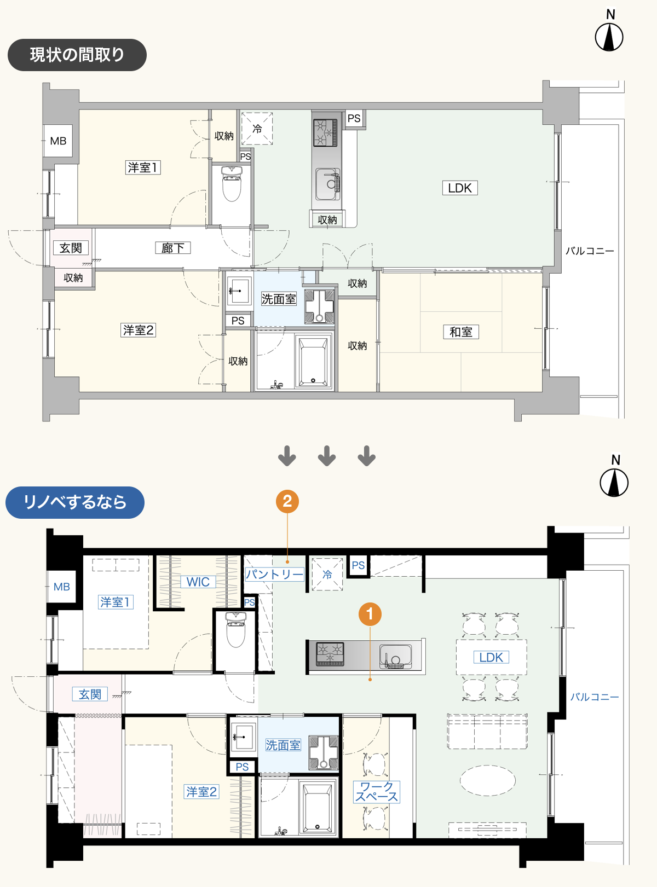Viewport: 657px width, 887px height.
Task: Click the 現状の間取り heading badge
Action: click(77, 55)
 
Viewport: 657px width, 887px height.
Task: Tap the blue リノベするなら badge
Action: click(75, 502)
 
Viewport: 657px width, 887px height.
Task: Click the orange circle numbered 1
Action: click(370, 614)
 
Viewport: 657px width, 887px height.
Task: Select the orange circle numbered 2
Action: click(287, 501)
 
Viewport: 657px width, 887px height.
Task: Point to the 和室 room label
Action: click(461, 332)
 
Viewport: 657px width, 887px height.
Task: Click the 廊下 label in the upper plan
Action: click(173, 248)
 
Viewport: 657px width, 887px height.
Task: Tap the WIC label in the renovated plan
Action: click(198, 582)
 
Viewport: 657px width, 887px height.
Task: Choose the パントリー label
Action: click(274, 574)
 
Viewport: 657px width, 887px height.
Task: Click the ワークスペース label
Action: click(377, 792)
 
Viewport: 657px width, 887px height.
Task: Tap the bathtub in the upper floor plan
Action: click(313, 362)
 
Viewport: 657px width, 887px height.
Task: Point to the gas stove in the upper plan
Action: click(325, 132)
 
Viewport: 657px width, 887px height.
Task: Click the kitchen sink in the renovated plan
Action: click(395, 657)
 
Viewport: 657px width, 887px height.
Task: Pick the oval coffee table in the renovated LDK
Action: click(488, 780)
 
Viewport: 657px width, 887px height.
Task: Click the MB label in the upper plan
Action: click(58, 141)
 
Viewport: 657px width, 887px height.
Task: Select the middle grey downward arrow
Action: click(327, 456)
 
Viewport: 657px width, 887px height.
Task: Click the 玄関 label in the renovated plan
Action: click(90, 694)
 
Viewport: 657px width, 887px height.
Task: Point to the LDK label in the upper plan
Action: click(460, 188)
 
